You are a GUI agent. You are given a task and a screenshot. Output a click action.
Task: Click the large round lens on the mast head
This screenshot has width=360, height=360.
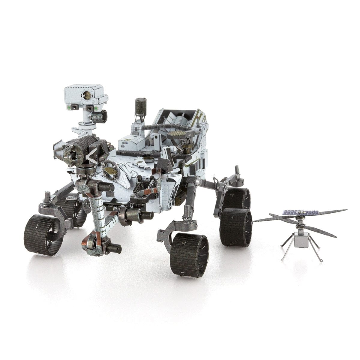click(87, 95)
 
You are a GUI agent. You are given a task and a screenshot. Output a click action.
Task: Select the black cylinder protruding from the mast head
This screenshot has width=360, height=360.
click(100, 116)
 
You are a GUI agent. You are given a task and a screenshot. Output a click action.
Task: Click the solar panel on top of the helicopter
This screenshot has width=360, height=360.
click(300, 213)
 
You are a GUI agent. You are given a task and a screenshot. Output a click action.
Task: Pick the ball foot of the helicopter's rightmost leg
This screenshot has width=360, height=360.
click(322, 261)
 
